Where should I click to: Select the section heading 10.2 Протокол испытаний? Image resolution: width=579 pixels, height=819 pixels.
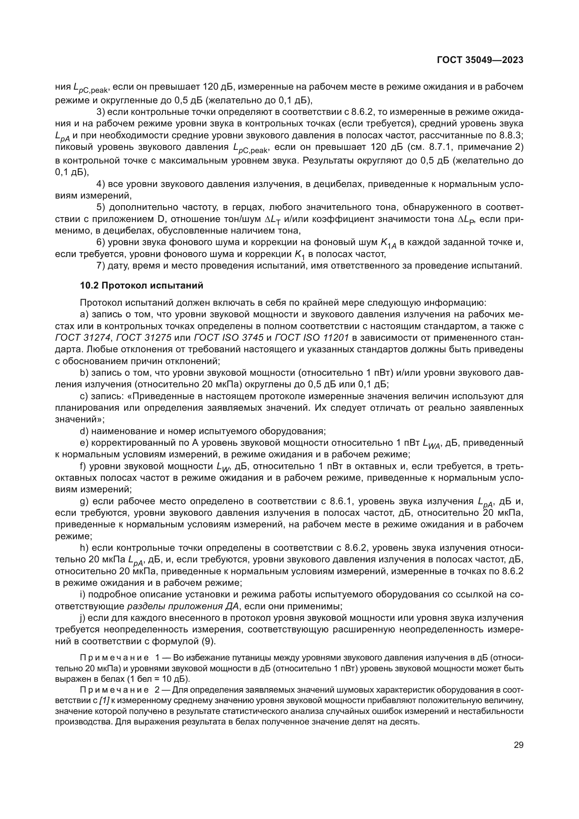[x=141, y=285]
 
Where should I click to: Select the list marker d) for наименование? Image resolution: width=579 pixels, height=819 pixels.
[x=84, y=431]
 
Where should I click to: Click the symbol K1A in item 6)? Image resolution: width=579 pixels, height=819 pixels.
[x=388, y=243]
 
